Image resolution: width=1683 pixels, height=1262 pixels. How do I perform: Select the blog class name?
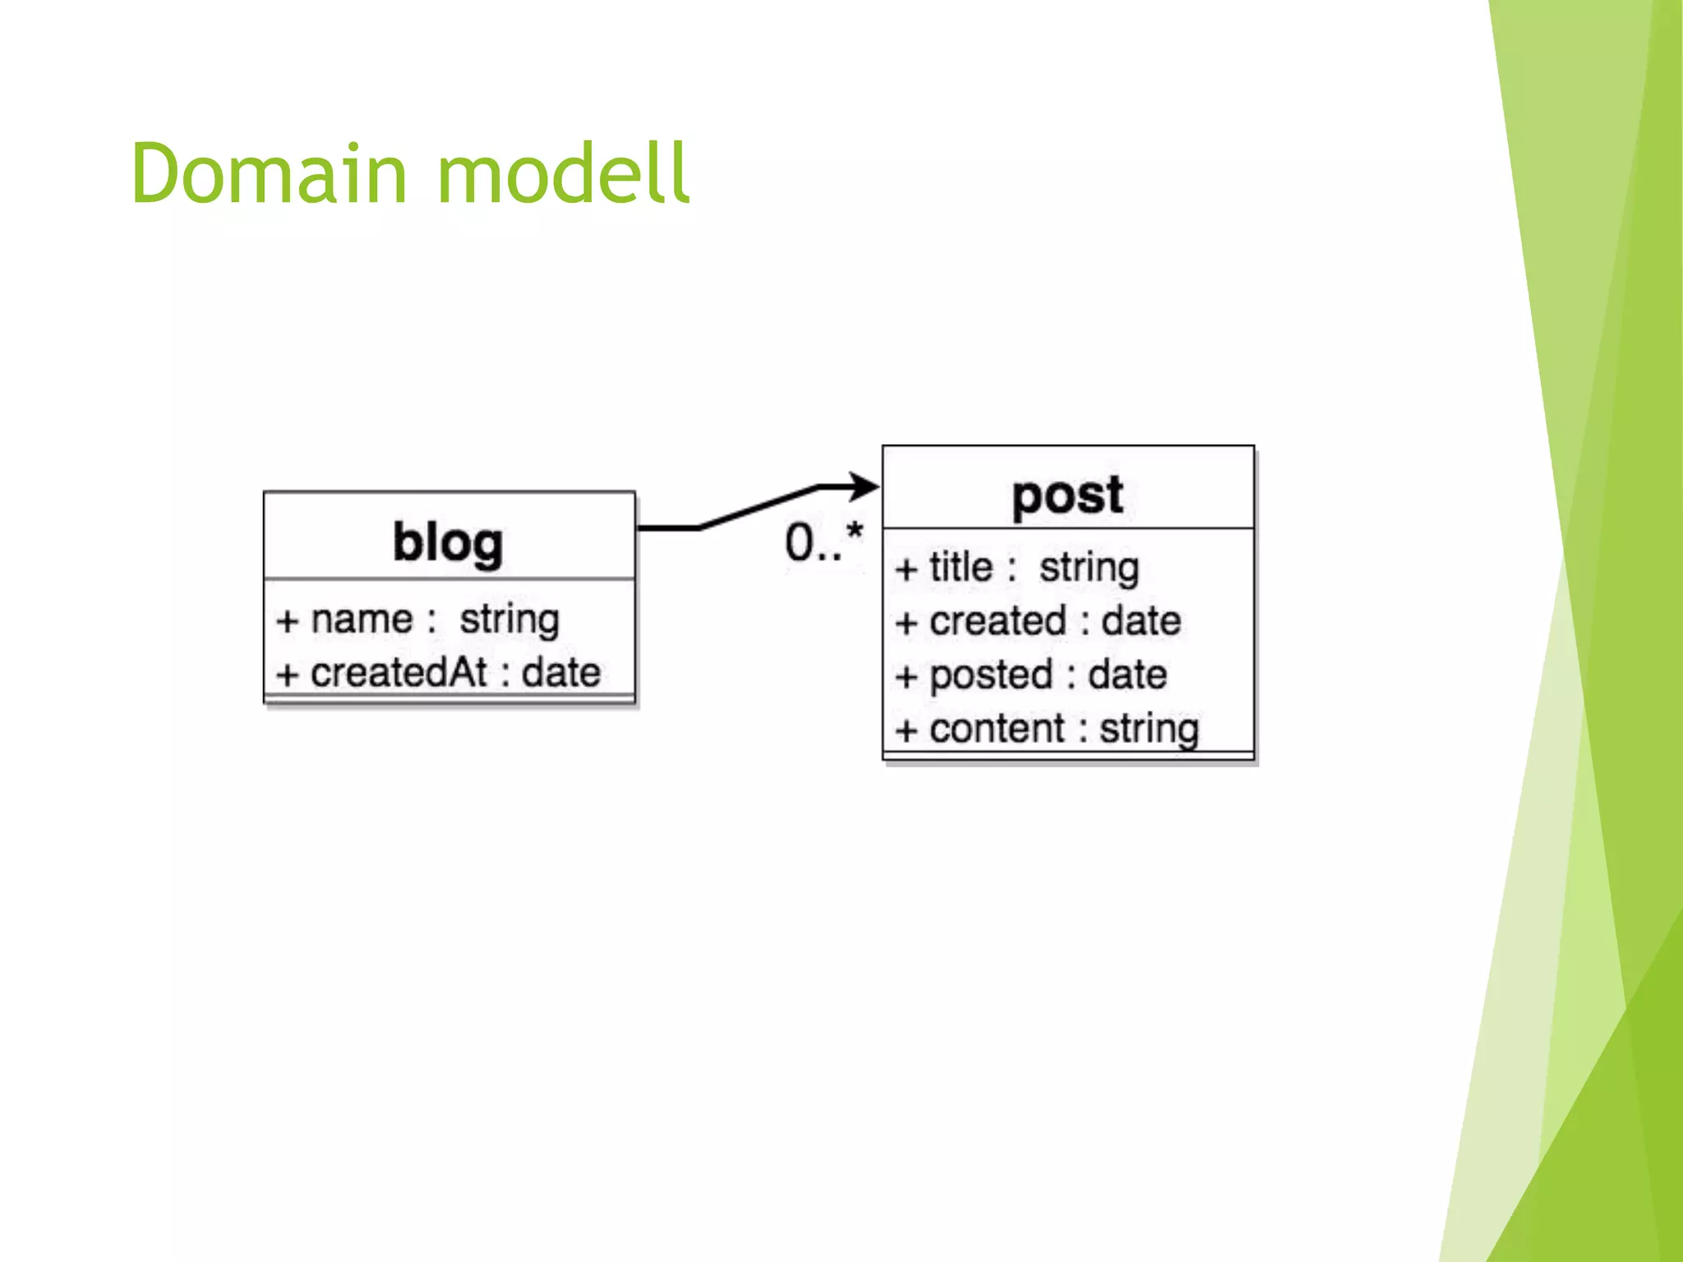[x=448, y=543]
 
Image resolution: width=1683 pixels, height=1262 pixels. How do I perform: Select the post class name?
[x=1067, y=495]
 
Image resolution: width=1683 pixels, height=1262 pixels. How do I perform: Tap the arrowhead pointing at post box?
[x=865, y=486]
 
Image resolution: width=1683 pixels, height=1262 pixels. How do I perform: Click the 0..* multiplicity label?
[x=823, y=542]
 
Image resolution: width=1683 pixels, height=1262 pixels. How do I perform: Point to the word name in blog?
[x=362, y=619]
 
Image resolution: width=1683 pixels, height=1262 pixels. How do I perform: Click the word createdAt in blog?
[x=399, y=673]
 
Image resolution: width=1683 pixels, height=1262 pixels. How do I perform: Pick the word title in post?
[x=961, y=568]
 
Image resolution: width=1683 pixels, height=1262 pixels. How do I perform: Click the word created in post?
[x=998, y=621]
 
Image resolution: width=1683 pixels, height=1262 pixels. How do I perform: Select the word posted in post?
[x=991, y=675]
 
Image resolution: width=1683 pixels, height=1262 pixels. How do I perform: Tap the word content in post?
[x=997, y=729]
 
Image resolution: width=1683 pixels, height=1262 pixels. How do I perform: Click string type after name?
[x=509, y=619]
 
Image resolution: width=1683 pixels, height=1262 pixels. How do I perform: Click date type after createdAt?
[x=561, y=673]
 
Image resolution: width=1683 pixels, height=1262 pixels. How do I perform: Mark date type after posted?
[x=1127, y=675]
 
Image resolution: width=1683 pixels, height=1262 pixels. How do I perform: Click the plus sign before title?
[x=906, y=569]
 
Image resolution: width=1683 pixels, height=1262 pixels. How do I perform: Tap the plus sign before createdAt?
[x=286, y=675]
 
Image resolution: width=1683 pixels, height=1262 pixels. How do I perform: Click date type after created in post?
[x=1141, y=621]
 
